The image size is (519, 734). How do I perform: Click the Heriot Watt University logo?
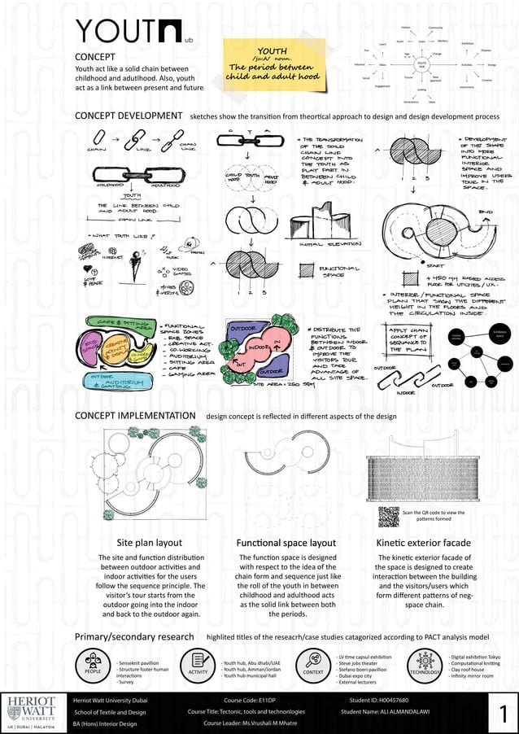pos(33,711)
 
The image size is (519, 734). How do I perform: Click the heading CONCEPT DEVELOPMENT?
pos(129,116)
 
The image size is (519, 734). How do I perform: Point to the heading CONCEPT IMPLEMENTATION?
pos(135,416)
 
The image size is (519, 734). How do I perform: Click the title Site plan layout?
pos(150,543)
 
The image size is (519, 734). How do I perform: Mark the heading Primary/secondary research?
pos(135,636)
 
